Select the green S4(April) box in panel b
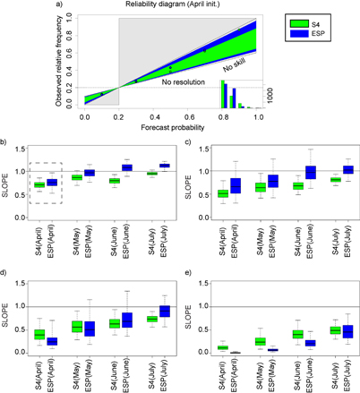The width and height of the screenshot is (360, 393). coord(39,184)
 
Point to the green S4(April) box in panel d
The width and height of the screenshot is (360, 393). coord(39,334)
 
